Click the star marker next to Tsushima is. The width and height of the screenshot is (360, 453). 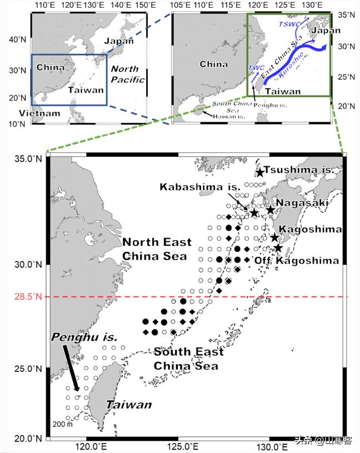260,172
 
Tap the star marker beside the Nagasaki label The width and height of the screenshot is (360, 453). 271,210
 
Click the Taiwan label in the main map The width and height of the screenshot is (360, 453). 129,405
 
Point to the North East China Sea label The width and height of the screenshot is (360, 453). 157,249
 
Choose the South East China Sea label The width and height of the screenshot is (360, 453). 189,359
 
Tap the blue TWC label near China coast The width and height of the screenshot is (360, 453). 257,67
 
